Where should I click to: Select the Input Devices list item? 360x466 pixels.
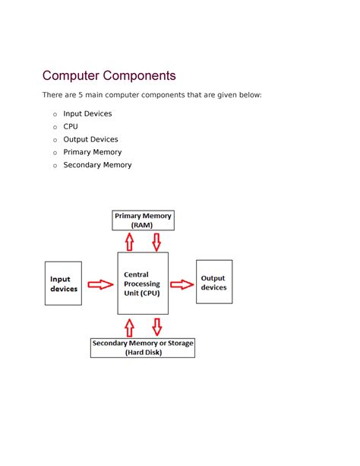click(x=87, y=114)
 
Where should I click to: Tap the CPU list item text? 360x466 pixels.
click(x=71, y=127)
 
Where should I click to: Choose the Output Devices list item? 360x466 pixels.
click(x=90, y=140)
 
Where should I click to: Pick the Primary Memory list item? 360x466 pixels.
click(x=92, y=152)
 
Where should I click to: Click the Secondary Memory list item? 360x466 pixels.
click(x=97, y=165)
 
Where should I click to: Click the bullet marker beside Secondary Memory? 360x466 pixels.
click(x=55, y=166)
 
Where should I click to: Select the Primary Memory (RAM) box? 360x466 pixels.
click(x=143, y=220)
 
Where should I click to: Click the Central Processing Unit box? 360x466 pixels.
click(x=143, y=284)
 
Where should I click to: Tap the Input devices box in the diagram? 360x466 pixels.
click(x=63, y=284)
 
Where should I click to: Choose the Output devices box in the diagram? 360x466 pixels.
click(x=214, y=282)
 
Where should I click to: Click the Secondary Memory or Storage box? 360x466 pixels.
click(x=143, y=347)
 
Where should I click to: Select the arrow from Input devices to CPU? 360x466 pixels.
click(x=99, y=284)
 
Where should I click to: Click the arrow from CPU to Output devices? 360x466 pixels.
click(x=182, y=284)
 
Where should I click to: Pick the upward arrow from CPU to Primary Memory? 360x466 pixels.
click(x=130, y=242)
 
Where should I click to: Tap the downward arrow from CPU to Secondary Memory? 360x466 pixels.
click(x=156, y=326)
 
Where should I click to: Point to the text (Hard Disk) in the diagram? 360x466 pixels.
click(x=143, y=353)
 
